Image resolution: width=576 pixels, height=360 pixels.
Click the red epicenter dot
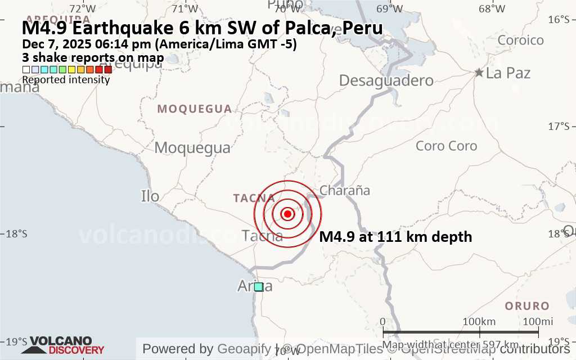click(x=287, y=214)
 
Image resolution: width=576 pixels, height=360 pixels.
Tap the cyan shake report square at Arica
click(x=258, y=287)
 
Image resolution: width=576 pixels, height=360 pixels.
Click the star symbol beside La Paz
click(x=479, y=73)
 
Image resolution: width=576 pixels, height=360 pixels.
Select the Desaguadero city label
click(x=386, y=80)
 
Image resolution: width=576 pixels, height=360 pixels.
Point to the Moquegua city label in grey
click(x=192, y=148)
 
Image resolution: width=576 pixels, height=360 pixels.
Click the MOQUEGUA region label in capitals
click(x=194, y=109)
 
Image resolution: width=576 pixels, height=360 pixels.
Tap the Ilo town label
click(x=150, y=196)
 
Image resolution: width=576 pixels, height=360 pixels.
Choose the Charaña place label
click(x=344, y=190)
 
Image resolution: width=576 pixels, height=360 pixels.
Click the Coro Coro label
click(x=446, y=146)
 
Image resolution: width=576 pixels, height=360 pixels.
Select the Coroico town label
click(x=520, y=40)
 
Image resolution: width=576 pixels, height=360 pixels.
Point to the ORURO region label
click(x=526, y=306)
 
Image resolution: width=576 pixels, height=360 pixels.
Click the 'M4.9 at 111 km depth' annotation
click(x=395, y=237)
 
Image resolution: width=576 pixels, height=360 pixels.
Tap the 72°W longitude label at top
click(x=83, y=8)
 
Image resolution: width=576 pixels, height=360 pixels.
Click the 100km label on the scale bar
click(x=479, y=321)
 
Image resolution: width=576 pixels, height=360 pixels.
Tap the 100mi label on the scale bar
click(x=538, y=321)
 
